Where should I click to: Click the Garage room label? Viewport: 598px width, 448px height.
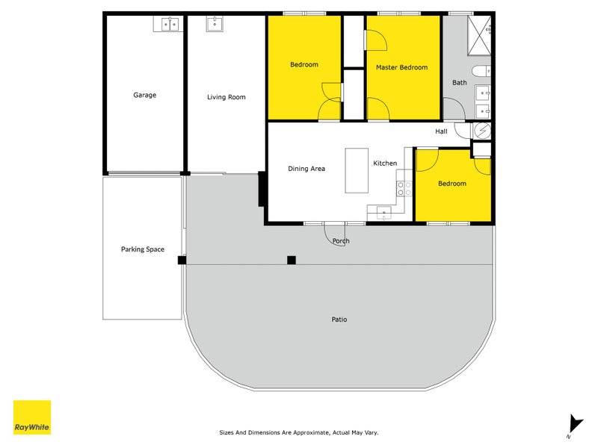[144, 95]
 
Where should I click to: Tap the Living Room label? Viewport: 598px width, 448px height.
[226, 97]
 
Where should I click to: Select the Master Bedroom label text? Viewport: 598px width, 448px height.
[401, 67]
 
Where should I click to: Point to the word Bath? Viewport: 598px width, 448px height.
[459, 82]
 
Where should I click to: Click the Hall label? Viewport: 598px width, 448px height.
[441, 131]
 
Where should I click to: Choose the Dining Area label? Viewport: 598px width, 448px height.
[306, 169]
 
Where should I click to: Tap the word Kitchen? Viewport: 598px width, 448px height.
[385, 163]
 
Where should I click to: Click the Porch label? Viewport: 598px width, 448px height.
[341, 241]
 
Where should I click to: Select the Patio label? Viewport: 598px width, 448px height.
[339, 320]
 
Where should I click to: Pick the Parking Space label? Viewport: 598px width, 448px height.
[142, 249]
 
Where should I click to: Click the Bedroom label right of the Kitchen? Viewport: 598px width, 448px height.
[451, 184]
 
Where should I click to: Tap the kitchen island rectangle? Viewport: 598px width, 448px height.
[357, 170]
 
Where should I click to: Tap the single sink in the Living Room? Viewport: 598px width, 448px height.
[214, 25]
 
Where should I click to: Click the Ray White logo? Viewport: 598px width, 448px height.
[32, 418]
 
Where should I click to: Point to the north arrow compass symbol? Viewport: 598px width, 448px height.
[575, 424]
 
